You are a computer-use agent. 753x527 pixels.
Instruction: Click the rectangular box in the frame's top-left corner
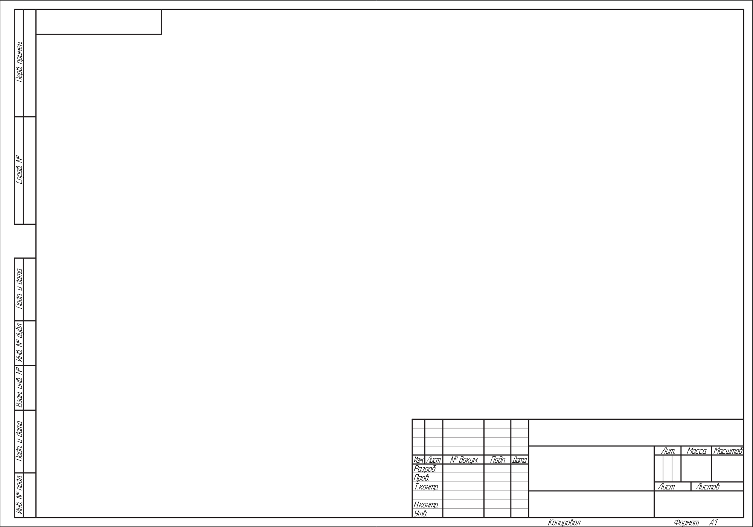(x=99, y=22)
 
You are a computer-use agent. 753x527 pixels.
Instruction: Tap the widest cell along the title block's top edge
(x=636, y=433)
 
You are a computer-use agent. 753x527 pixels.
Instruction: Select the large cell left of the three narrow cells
(x=591, y=468)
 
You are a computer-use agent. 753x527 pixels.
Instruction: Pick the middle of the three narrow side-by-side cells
(x=668, y=468)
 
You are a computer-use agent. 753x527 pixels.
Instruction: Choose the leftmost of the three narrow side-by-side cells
(x=658, y=468)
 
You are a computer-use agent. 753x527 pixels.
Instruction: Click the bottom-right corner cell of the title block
(x=699, y=504)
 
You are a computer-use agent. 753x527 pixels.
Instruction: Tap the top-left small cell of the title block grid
(x=418, y=424)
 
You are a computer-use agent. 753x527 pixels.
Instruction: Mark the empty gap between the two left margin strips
(x=25, y=241)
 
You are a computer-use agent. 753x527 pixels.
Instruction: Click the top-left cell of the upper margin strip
(x=19, y=63)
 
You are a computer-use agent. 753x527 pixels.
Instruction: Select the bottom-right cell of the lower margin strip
(x=30, y=495)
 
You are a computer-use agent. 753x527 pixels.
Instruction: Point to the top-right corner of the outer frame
(x=744, y=9)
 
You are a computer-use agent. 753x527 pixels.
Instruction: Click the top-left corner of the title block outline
(x=412, y=419)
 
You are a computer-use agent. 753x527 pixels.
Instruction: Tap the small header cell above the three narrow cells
(x=668, y=451)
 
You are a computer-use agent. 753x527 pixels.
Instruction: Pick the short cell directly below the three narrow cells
(x=672, y=486)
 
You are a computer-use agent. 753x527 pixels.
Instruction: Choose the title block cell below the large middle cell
(x=591, y=504)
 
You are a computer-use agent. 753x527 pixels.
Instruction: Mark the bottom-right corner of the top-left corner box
(x=161, y=34)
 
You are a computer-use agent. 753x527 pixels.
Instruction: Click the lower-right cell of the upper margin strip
(x=30, y=171)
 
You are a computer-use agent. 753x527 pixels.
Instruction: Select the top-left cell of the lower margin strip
(x=19, y=289)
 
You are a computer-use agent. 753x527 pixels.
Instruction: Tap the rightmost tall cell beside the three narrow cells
(x=727, y=468)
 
